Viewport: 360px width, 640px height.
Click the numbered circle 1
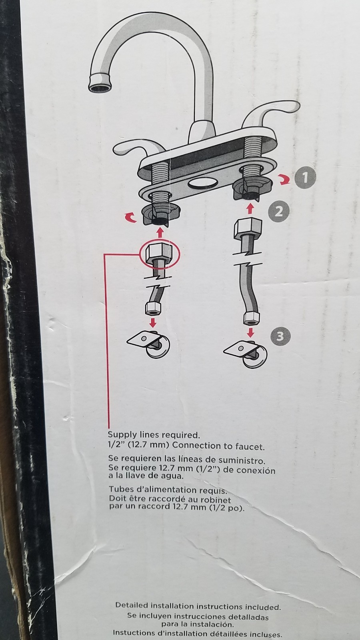pos(306,178)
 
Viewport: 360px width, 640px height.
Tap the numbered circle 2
pos(278,212)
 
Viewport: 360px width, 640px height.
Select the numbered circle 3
pos(280,336)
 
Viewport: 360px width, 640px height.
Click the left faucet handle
pos(137,148)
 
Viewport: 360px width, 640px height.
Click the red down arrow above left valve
pos(154,322)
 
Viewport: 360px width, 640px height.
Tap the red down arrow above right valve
pos(251,332)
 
